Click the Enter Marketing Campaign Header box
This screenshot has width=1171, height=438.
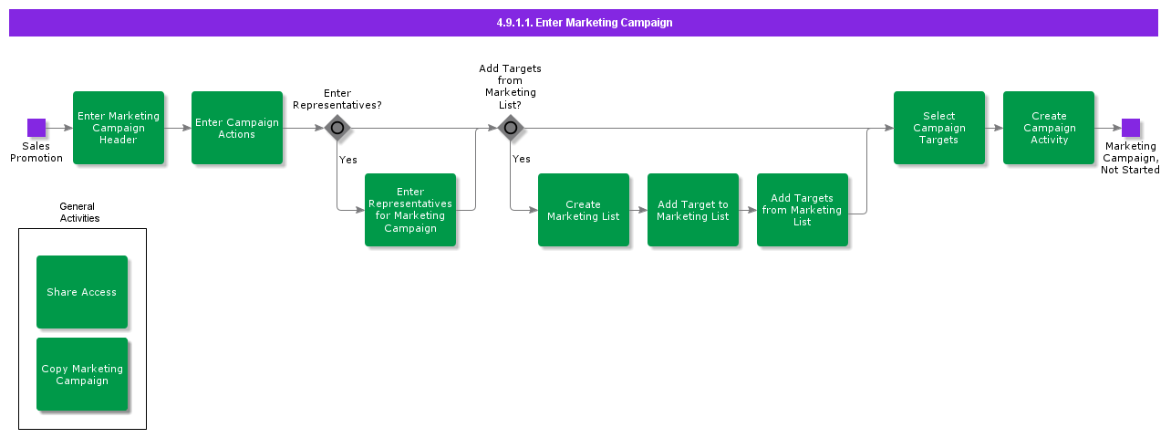[119, 128]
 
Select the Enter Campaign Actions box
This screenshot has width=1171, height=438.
[237, 128]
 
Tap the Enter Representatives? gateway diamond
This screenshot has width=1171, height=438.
[337, 128]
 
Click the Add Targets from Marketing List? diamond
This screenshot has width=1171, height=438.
[511, 128]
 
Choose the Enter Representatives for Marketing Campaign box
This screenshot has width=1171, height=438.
[410, 210]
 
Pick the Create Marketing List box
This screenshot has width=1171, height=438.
[584, 210]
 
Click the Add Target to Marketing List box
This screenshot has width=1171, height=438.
[693, 210]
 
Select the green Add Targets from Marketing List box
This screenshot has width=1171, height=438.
[803, 210]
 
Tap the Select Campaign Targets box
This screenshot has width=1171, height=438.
[939, 128]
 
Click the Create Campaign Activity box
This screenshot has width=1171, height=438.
[1049, 128]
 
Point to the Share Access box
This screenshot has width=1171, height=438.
[82, 292]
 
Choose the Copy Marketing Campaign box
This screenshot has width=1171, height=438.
[82, 374]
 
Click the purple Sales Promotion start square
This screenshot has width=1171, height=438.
[36, 128]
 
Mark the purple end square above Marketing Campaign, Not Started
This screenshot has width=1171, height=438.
[1131, 128]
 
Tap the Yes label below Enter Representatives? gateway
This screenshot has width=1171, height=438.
[347, 160]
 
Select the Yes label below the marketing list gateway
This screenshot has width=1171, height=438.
[521, 159]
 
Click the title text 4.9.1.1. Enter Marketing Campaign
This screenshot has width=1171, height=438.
[584, 23]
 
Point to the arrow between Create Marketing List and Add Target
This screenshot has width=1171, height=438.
[638, 210]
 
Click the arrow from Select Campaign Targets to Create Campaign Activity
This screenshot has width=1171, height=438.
[994, 128]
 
